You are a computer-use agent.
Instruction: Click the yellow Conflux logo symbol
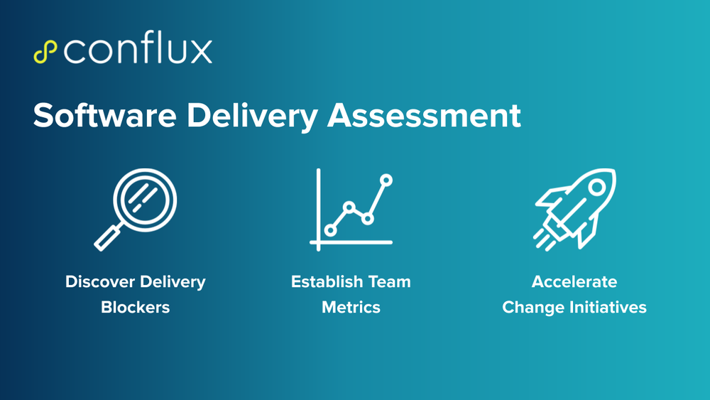45,52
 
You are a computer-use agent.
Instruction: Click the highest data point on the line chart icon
386,180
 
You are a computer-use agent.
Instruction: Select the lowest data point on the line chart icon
330,229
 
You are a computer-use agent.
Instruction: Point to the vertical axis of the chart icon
319,206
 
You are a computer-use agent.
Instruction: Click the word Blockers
135,308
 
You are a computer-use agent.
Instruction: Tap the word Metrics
351,308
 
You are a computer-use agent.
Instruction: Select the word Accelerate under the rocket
574,281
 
